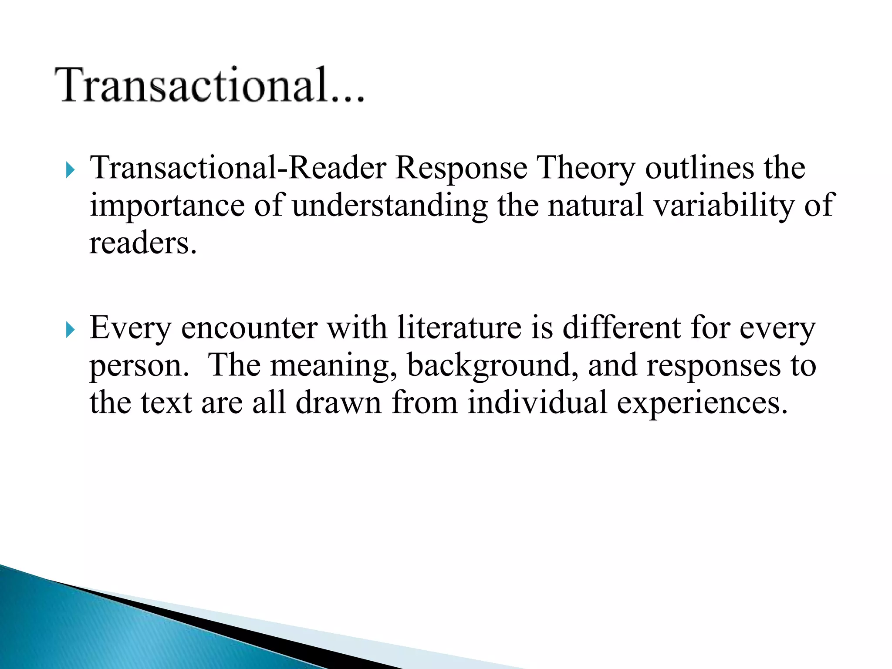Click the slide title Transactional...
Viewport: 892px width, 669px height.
click(209, 85)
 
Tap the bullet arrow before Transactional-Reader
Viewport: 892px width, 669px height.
click(70, 170)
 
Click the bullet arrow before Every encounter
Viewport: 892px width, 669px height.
click(70, 330)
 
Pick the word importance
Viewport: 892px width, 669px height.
click(167, 206)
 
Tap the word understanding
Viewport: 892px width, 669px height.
click(390, 206)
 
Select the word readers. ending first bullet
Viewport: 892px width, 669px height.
click(143, 243)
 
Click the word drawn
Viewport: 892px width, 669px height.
click(338, 403)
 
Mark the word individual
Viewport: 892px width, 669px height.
click(537, 403)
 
